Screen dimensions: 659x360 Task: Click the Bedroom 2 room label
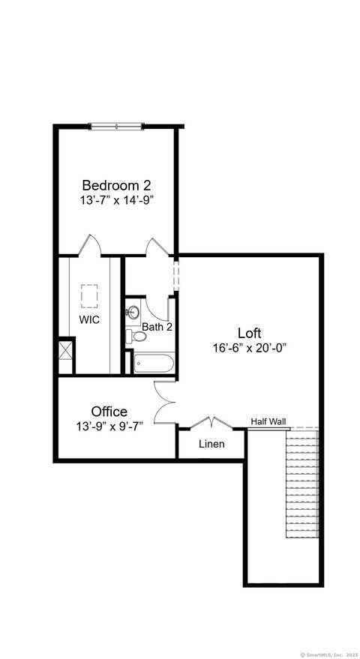(111, 185)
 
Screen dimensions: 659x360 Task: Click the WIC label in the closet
(89, 319)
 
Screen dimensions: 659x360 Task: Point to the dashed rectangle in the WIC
(91, 295)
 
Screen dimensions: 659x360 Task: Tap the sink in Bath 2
(134, 311)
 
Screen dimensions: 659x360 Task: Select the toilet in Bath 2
(130, 336)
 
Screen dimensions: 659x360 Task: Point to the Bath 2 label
(157, 327)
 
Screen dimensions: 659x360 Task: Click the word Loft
(250, 333)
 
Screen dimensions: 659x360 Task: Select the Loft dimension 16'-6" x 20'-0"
(250, 348)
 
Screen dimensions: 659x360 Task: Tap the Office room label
(109, 412)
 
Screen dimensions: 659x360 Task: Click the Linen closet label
(211, 444)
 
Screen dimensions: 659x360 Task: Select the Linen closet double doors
(211, 423)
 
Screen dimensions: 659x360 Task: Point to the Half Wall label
(268, 421)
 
